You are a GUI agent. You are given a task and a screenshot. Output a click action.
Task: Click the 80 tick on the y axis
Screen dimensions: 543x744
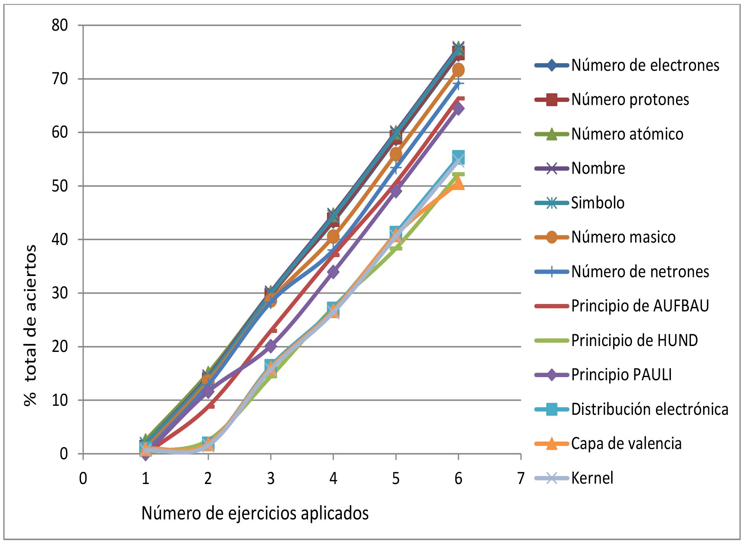pos(60,25)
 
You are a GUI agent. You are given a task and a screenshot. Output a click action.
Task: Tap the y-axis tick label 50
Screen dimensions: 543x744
pos(60,186)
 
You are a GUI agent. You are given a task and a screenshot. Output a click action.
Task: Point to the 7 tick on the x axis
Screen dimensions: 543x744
pos(521,479)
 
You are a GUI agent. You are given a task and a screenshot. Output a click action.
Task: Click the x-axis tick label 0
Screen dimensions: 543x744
pos(83,479)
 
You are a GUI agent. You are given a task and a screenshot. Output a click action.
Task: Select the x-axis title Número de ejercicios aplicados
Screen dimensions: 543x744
pos(255,513)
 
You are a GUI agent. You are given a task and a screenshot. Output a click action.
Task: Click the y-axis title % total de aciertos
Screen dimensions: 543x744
pos(30,325)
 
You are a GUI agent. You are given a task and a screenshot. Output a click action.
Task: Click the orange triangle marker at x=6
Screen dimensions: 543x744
pos(458,183)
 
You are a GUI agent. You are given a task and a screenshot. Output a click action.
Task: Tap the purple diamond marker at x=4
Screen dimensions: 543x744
pos(333,272)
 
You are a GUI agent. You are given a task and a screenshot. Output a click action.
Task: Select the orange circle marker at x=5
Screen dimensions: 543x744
pos(396,154)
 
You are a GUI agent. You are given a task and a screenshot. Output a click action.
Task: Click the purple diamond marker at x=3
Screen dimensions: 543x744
pos(271,346)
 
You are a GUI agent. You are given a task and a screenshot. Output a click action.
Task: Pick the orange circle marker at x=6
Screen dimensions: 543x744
pos(458,70)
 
